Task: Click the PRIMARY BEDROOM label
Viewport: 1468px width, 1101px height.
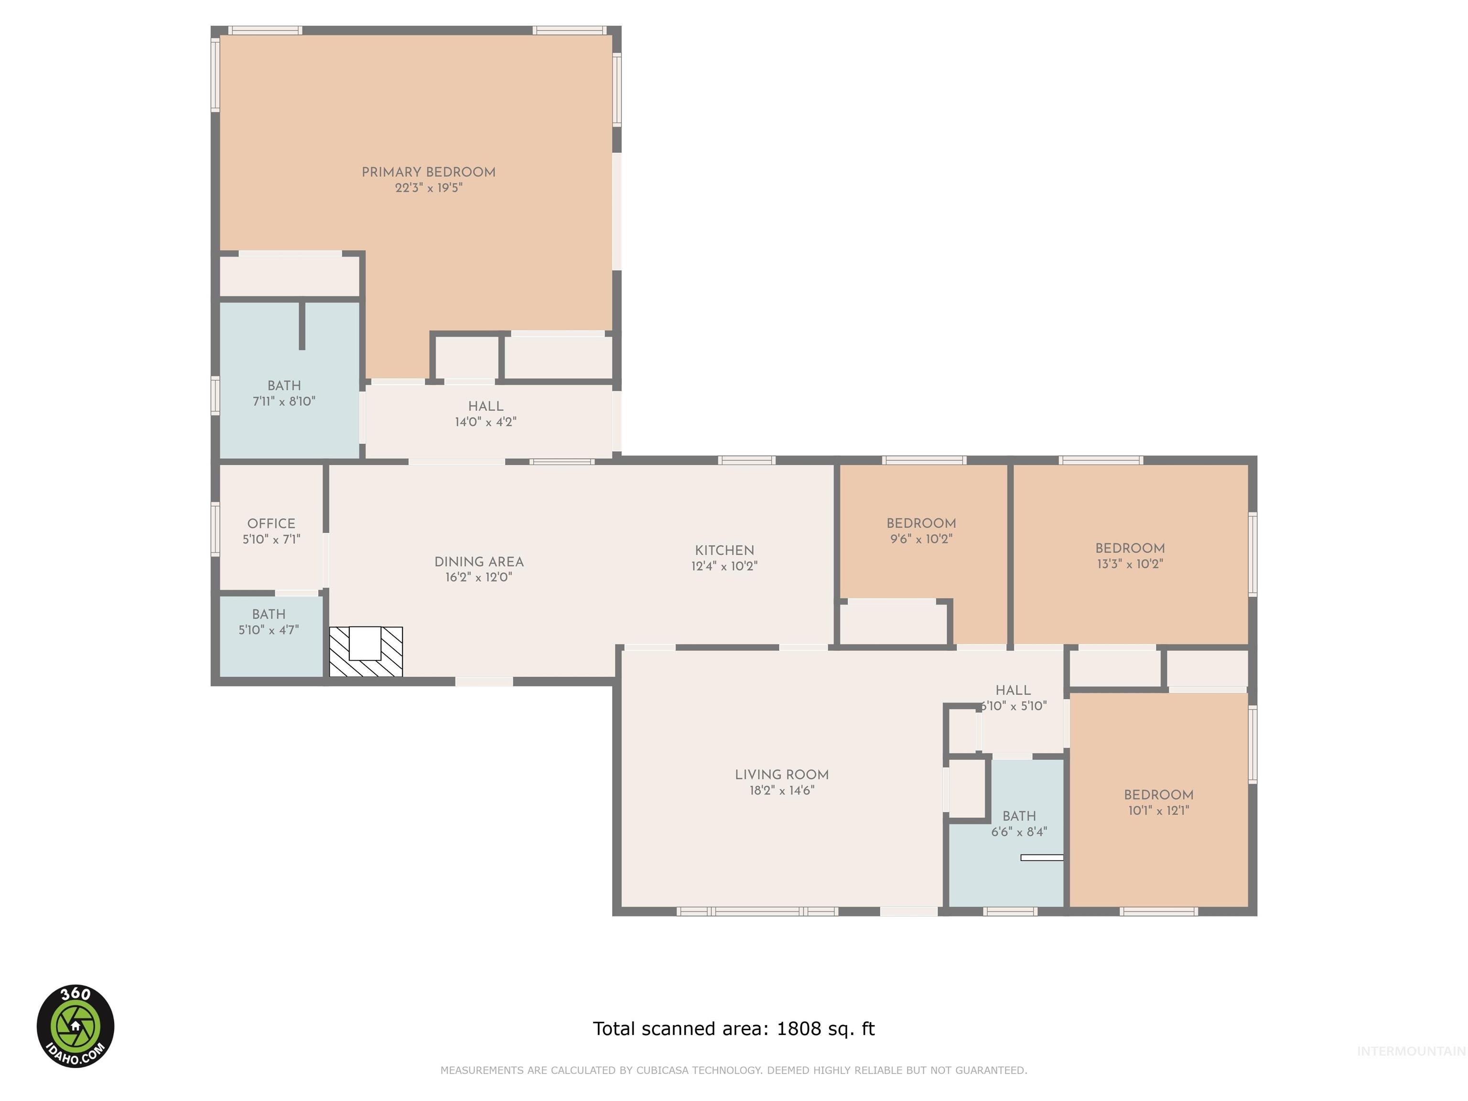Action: pyautogui.click(x=428, y=172)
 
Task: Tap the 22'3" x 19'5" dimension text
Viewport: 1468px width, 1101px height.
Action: pyautogui.click(x=428, y=188)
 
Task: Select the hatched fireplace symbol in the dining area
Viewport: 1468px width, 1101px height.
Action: pyautogui.click(x=366, y=652)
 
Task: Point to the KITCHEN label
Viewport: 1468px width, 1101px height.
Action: pyautogui.click(x=724, y=550)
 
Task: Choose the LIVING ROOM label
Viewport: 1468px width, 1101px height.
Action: pyautogui.click(x=781, y=775)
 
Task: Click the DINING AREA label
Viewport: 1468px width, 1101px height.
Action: pyautogui.click(x=478, y=561)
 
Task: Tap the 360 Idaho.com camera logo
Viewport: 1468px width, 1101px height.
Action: pyautogui.click(x=75, y=1026)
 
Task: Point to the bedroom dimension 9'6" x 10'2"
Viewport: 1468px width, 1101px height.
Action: pyautogui.click(x=921, y=539)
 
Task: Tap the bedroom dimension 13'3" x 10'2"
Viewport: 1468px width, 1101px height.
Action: pyautogui.click(x=1130, y=564)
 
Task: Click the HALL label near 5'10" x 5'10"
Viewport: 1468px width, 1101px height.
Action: pyautogui.click(x=1013, y=690)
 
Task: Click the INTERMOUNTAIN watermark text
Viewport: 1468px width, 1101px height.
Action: pyautogui.click(x=1410, y=1051)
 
